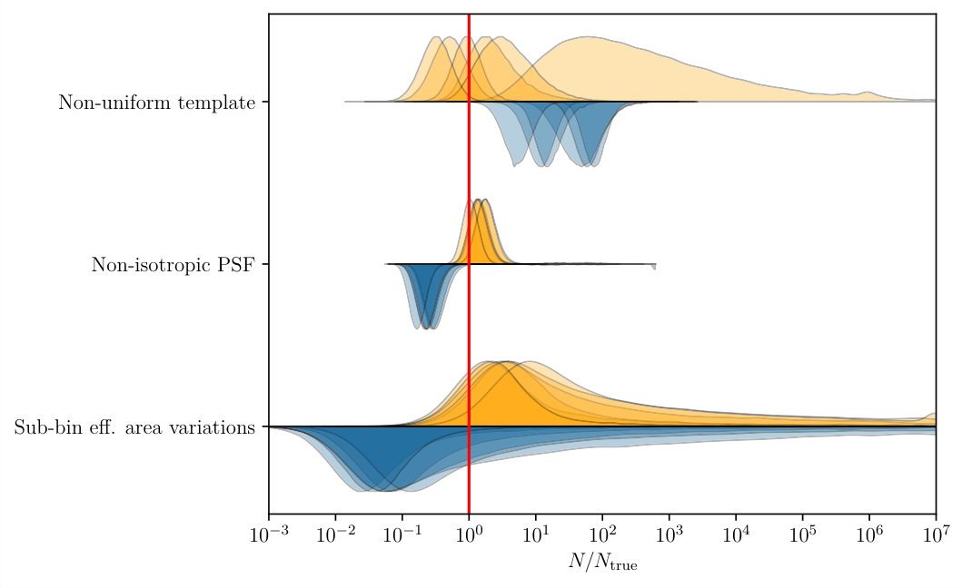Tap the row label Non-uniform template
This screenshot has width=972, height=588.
pos(156,103)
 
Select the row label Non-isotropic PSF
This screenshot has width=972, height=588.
pos(173,265)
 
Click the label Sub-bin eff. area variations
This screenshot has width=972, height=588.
pos(134,427)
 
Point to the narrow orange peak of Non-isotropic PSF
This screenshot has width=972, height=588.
pos(480,231)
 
